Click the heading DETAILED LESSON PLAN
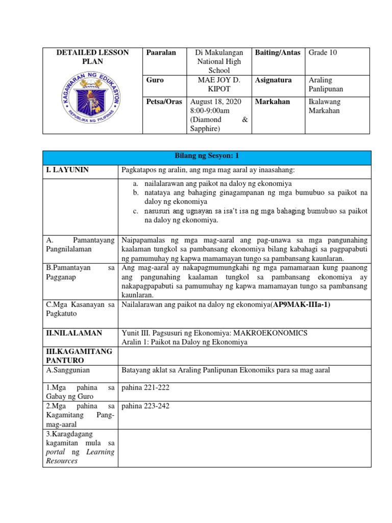(92, 57)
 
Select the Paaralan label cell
(161, 53)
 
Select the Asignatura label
(274, 80)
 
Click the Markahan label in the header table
(273, 102)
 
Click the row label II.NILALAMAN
(73, 333)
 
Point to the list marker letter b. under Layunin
(135, 193)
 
